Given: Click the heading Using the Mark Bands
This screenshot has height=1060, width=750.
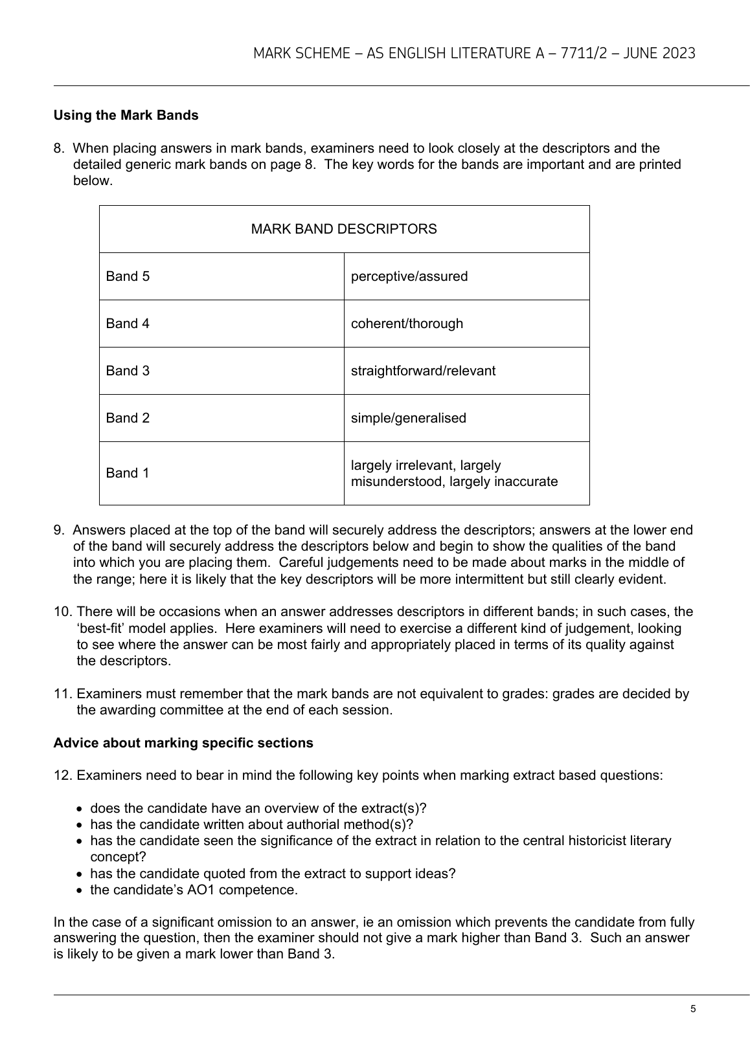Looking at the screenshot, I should [x=126, y=115].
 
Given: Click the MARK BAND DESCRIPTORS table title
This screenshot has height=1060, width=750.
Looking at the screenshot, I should [x=344, y=229].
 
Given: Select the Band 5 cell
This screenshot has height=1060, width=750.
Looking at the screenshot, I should [x=128, y=276].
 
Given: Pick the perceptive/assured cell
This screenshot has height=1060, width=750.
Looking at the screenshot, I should [x=409, y=276].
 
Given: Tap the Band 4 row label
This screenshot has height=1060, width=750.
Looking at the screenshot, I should [x=128, y=324].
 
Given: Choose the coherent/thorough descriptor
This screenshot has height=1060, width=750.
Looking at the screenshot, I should [x=407, y=324].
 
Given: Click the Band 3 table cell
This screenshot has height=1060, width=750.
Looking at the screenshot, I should [x=128, y=371].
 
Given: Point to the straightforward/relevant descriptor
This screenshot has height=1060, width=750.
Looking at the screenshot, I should [x=423, y=371].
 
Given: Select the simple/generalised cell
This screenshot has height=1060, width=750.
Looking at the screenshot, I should [x=408, y=418].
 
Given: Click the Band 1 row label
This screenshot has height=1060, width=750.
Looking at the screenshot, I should [x=128, y=473].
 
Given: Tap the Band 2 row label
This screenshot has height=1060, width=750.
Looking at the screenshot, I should [x=128, y=418].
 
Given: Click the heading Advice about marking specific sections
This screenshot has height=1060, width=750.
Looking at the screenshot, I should [x=183, y=743].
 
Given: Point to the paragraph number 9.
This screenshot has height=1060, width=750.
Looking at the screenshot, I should [x=59, y=530].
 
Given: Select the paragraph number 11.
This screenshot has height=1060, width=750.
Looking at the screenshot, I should [x=62, y=694].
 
